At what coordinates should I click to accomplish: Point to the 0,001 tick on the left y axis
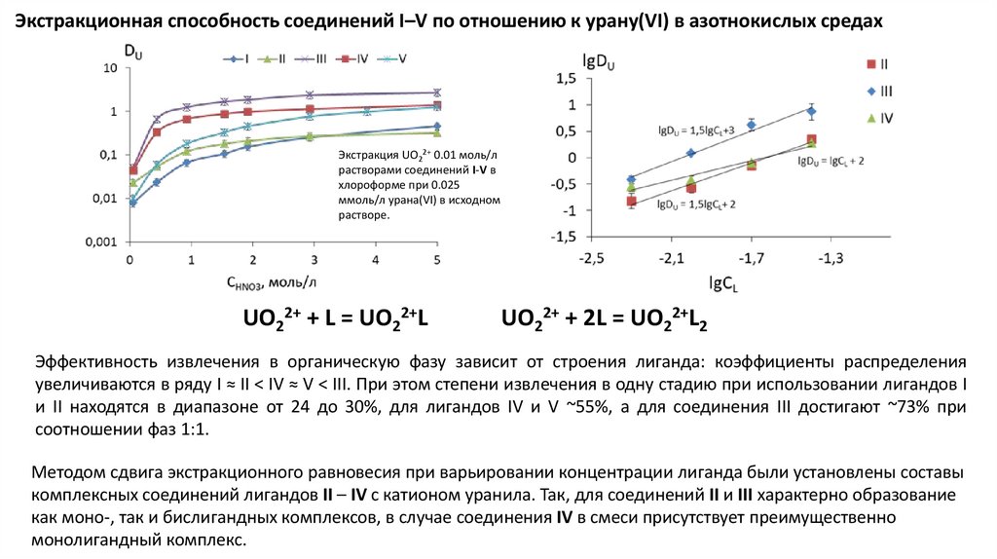[x=104, y=242]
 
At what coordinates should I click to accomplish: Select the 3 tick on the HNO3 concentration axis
[x=314, y=260]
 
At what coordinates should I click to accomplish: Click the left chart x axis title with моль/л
[x=271, y=281]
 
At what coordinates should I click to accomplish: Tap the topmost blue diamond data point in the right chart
[x=811, y=111]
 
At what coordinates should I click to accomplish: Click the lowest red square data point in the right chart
[x=631, y=202]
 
